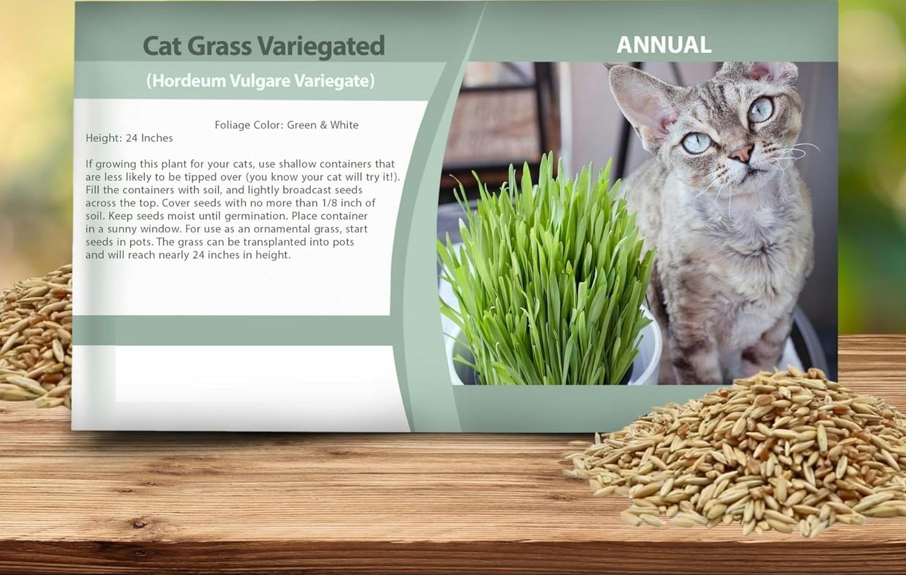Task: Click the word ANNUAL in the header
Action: [x=664, y=45]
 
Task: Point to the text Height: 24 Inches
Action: [x=129, y=138]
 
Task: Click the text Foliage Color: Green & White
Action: [x=286, y=125]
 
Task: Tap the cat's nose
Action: [x=742, y=153]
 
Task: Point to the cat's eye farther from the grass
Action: [x=760, y=109]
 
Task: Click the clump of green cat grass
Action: [x=546, y=275]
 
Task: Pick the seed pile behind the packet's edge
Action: [x=36, y=335]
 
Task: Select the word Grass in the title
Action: [x=219, y=46]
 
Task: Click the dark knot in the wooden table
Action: [x=140, y=524]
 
